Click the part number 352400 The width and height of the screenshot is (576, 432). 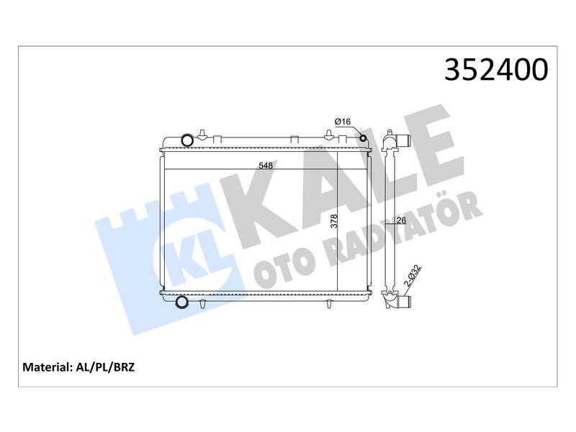[x=496, y=69]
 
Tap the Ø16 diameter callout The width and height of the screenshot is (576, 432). [x=343, y=122]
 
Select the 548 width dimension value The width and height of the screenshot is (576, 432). [x=266, y=166]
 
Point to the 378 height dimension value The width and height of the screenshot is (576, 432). [x=333, y=222]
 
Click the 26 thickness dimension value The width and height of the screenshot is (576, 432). [x=402, y=220]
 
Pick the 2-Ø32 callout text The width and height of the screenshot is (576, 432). [x=413, y=276]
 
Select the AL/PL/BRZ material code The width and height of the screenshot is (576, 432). [x=105, y=367]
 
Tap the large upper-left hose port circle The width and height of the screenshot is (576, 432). [x=187, y=140]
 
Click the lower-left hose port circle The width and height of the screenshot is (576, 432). [x=182, y=302]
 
